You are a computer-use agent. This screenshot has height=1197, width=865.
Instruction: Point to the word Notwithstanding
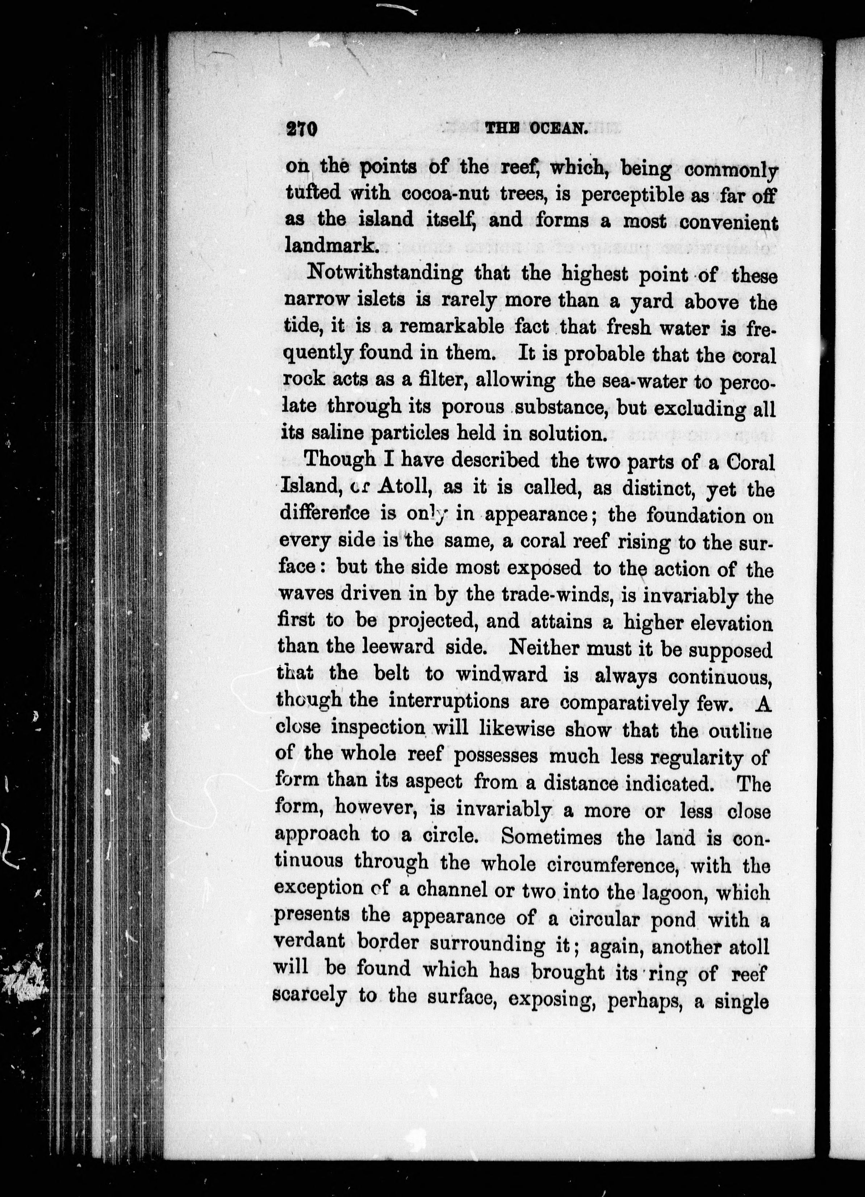point(385,274)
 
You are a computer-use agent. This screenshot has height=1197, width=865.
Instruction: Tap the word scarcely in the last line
point(309,994)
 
